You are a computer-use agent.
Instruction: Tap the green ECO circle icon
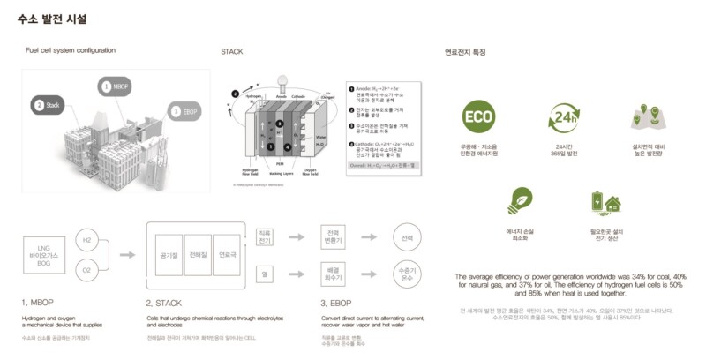coord(477,117)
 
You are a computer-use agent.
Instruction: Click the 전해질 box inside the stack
coord(198,254)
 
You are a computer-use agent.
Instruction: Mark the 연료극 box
coord(227,254)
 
